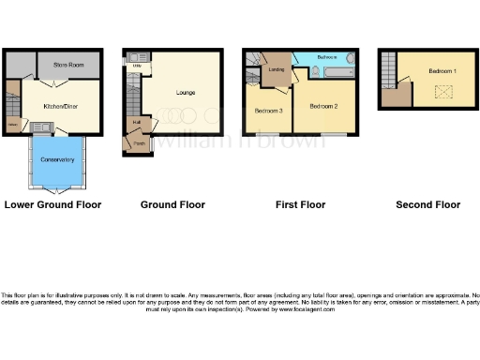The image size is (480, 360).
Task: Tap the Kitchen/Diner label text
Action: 59,107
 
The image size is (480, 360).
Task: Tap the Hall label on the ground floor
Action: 136,122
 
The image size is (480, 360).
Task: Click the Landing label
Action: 277,68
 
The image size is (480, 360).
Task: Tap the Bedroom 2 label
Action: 323,106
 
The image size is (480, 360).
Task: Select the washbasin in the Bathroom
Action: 352,59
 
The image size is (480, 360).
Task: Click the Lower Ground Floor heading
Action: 52,204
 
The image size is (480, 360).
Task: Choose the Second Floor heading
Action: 427,204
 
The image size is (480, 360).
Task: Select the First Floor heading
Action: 299,204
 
